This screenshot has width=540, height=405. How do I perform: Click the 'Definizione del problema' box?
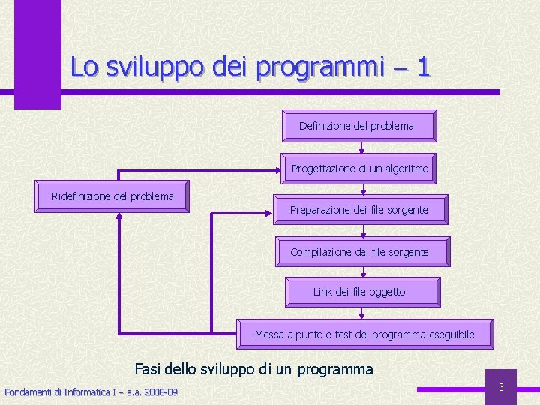[x=358, y=126]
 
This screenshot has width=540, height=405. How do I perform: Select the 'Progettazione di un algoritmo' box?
[x=359, y=169]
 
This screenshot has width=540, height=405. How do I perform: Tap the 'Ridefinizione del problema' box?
[x=112, y=196]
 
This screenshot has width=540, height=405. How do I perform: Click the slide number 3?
[x=501, y=387]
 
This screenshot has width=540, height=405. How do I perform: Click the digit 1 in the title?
[x=423, y=67]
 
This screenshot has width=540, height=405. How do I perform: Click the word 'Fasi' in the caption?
[x=147, y=368]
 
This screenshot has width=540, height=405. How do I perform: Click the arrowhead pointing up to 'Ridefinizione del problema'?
[x=120, y=216]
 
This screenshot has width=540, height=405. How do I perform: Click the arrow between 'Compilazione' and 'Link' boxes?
[x=363, y=272]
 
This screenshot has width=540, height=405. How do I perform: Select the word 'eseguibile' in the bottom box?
[x=451, y=334]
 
